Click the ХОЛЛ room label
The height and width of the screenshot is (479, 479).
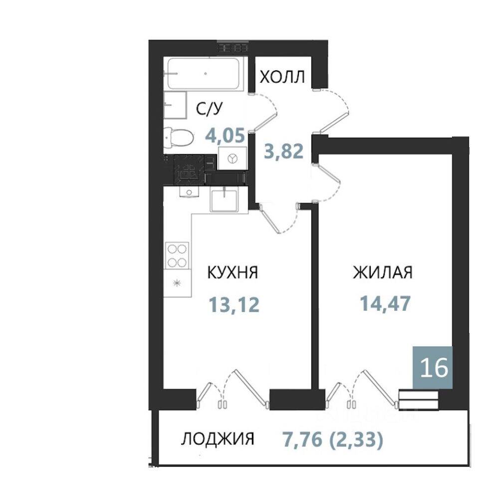coord(282,77)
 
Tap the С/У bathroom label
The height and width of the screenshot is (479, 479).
coord(210,109)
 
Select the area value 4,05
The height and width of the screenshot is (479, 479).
coord(226,135)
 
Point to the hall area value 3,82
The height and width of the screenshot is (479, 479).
coord(284,151)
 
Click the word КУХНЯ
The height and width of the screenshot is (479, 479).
coord(233,272)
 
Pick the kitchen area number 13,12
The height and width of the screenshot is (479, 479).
coord(234,304)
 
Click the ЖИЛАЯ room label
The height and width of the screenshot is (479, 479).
coord(383,272)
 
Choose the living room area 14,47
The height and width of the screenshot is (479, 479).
coord(385,303)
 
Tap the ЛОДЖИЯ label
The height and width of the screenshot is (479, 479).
coord(218,439)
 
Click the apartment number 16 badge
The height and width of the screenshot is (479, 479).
coord(433,367)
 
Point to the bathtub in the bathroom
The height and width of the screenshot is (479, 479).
coord(204,74)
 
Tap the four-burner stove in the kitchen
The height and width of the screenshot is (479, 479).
coord(177,255)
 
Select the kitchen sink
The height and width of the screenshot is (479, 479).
coord(224,201)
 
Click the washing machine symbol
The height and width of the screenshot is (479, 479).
coord(233,158)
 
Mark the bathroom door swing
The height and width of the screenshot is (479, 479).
coord(263,112)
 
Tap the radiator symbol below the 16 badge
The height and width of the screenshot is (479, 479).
coord(419,400)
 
